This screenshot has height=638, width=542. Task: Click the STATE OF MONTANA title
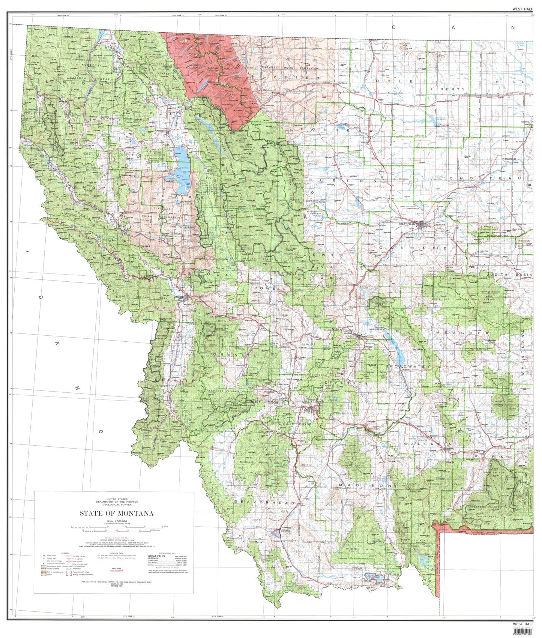(x=116, y=513)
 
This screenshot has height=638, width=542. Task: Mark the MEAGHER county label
(x=462, y=333)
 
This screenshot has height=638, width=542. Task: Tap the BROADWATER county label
(x=407, y=366)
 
